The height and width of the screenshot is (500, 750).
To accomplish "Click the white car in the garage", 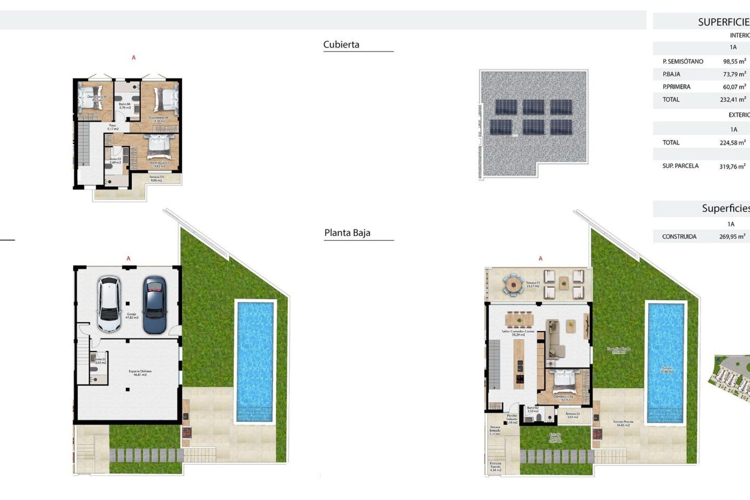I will [x=109, y=304].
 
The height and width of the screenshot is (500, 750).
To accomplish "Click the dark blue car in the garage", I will [x=155, y=305].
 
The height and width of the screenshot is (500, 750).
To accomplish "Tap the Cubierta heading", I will [x=341, y=45].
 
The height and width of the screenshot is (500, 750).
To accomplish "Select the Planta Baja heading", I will [x=347, y=233].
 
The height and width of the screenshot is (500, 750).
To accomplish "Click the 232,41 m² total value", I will [x=733, y=100].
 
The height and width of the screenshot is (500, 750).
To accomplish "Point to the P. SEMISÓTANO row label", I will [x=682, y=61].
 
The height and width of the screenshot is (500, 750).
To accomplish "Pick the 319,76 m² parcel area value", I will [x=732, y=166].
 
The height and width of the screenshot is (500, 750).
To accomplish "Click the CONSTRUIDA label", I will [x=679, y=236].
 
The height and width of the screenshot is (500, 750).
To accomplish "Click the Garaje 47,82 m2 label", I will [x=132, y=316].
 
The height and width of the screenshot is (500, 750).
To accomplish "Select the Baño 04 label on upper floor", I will [x=125, y=105].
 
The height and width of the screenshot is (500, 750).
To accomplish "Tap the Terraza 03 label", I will [x=156, y=179].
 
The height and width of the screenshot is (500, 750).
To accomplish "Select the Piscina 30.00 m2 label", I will [x=666, y=370].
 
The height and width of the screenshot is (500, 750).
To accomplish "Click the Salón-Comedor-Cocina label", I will [x=518, y=333].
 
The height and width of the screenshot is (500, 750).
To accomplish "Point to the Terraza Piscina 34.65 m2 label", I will [x=623, y=423].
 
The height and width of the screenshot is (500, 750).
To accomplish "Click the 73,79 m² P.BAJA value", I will [x=734, y=74].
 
